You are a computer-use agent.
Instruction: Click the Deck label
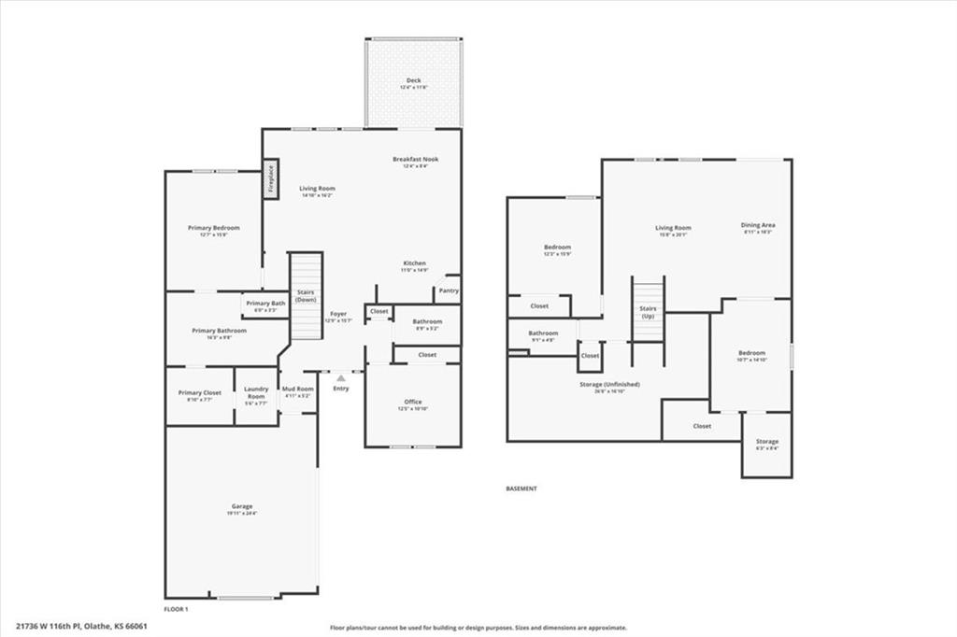[413, 80]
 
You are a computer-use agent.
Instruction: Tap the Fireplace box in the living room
[271, 177]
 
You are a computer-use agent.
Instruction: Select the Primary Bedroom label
[213, 228]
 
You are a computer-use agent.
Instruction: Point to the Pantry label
[449, 290]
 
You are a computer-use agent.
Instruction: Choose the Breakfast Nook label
[415, 159]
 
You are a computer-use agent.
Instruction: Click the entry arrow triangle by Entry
[341, 378]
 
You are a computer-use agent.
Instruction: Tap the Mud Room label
[298, 389]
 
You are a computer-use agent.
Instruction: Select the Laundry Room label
[256, 392]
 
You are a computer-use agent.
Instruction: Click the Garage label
[241, 506]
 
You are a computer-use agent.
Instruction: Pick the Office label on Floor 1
[413, 402]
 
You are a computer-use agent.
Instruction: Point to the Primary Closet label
[200, 392]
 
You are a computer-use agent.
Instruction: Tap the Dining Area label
[758, 225]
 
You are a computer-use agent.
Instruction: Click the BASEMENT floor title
[521, 488]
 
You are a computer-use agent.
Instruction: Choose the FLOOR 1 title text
[177, 609]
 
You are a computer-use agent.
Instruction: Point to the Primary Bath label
[266, 303]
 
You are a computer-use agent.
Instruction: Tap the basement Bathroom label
[543, 333]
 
